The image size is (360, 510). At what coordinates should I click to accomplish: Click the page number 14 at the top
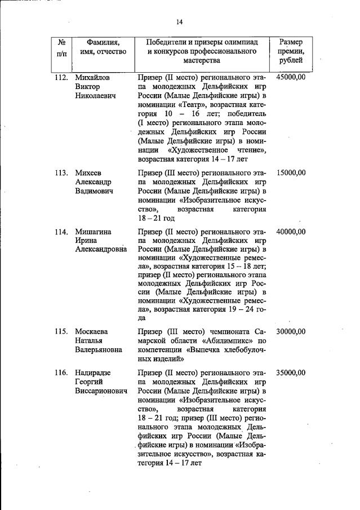(179, 22)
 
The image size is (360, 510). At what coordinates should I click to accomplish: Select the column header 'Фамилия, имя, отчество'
(103, 47)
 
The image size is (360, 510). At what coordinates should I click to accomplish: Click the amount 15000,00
(291, 172)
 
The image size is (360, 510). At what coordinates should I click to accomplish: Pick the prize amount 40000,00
(291, 232)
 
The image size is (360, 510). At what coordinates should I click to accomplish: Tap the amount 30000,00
(291, 331)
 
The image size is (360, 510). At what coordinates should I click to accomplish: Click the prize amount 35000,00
(291, 372)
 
